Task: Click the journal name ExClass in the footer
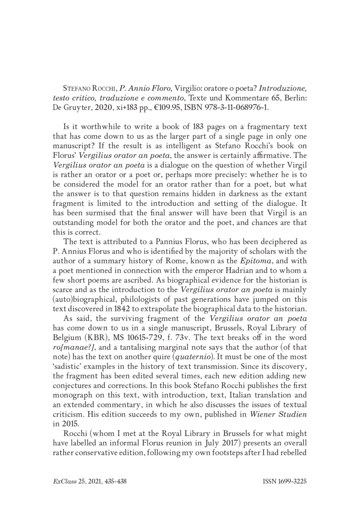[x=62, y=481]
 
